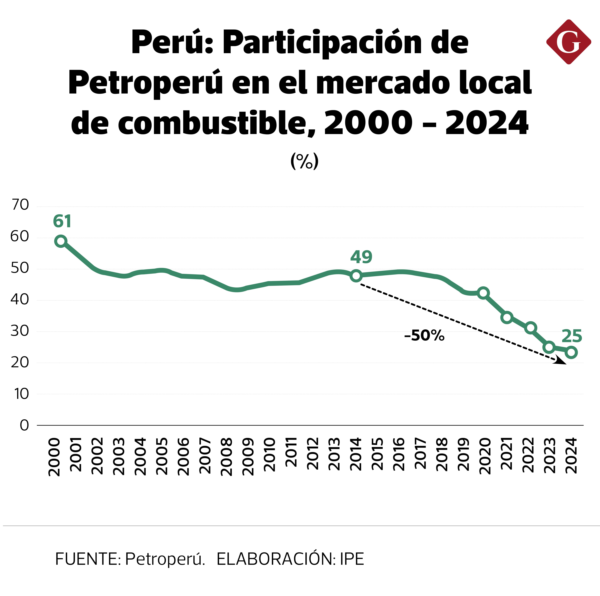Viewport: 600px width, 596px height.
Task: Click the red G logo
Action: [x=568, y=42]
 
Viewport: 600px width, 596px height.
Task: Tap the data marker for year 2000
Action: [x=61, y=241]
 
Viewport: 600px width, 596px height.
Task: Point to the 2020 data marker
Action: [x=483, y=293]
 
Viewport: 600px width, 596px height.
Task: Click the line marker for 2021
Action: [x=507, y=317]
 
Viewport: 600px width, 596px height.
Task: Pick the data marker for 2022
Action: [x=531, y=328]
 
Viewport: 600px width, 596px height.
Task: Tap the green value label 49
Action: [x=361, y=257]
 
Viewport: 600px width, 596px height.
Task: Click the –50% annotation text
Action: [x=424, y=336]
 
